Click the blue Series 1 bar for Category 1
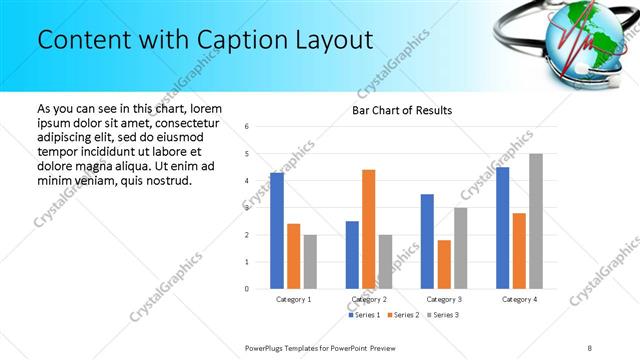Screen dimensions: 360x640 pyautogui.click(x=277, y=231)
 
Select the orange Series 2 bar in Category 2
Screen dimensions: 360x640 pyautogui.click(x=368, y=229)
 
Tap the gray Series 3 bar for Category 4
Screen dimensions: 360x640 pyautogui.click(x=536, y=221)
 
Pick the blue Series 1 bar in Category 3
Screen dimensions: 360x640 pyautogui.click(x=427, y=241)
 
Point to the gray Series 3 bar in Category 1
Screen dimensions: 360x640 pyautogui.click(x=310, y=262)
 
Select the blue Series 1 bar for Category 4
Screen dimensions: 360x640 pyautogui.click(x=502, y=228)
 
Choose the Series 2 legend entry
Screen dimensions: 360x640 pyautogui.click(x=403, y=315)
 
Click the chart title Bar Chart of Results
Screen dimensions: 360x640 pyautogui.click(x=402, y=110)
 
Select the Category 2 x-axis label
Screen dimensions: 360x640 pyautogui.click(x=369, y=299)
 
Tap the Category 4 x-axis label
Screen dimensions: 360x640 pyautogui.click(x=519, y=299)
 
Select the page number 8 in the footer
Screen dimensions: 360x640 pyautogui.click(x=590, y=347)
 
